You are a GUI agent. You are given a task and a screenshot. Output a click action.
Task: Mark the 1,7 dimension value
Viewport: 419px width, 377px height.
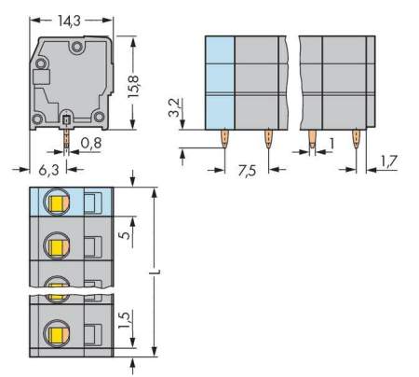tap(392, 162)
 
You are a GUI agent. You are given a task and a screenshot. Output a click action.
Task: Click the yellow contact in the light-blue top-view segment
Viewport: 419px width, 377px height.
tap(57, 202)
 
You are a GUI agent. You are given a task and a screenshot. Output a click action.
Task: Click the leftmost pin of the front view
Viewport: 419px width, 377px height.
tap(225, 140)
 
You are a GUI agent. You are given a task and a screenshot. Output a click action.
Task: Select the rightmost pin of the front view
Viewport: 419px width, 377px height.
tap(357, 140)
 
